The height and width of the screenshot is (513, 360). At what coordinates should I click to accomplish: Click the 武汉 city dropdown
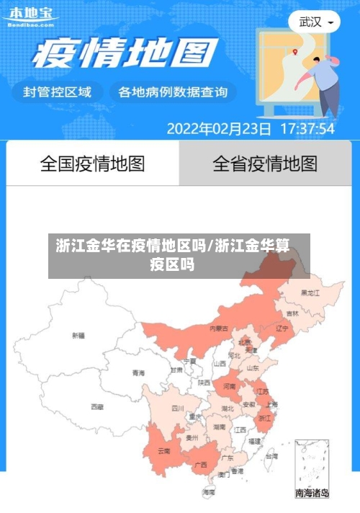[315, 22]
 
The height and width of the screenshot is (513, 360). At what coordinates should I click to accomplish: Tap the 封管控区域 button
[58, 92]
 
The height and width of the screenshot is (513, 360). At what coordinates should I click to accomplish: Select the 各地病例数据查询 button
[172, 92]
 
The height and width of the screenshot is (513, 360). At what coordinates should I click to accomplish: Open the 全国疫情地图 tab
[92, 164]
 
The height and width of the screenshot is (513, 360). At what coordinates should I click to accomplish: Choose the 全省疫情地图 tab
[265, 164]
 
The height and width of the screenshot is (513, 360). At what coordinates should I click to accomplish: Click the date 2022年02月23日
[219, 129]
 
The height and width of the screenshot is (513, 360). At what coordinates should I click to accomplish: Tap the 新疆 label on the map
[78, 335]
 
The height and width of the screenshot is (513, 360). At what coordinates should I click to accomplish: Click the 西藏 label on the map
[96, 407]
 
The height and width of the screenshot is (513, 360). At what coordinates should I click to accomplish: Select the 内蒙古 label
[219, 328]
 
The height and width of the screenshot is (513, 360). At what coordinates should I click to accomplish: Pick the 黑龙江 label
[310, 293]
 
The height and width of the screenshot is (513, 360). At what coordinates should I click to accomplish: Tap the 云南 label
[163, 452]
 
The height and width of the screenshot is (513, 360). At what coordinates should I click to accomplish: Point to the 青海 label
[138, 373]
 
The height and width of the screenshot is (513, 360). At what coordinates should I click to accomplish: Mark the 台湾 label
[271, 456]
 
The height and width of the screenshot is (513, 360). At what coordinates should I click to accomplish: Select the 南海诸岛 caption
[312, 494]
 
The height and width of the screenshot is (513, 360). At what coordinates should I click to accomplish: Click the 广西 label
[201, 465]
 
